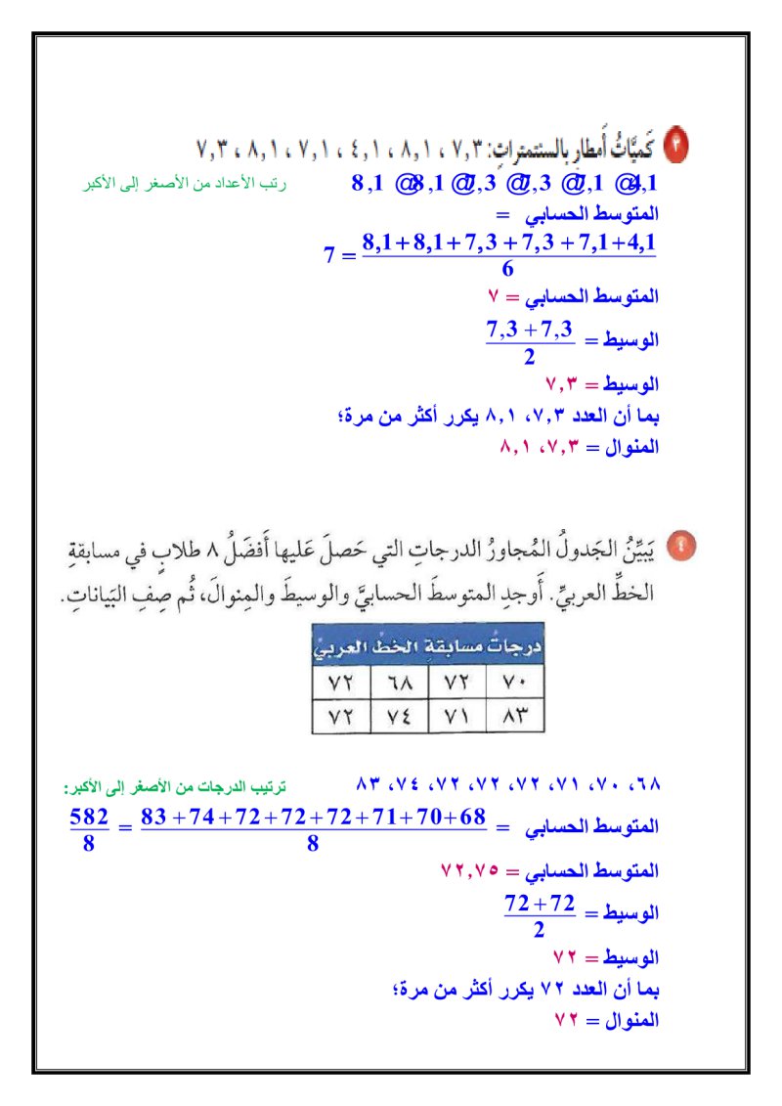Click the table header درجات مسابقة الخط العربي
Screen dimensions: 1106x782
coord(427,645)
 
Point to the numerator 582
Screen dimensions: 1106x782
coord(88,817)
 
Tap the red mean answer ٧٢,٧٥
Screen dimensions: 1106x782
coord(470,869)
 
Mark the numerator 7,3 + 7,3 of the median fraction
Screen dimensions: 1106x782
coord(529,330)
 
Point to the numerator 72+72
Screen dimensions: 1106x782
coord(540,903)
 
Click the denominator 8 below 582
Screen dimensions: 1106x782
coord(88,843)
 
